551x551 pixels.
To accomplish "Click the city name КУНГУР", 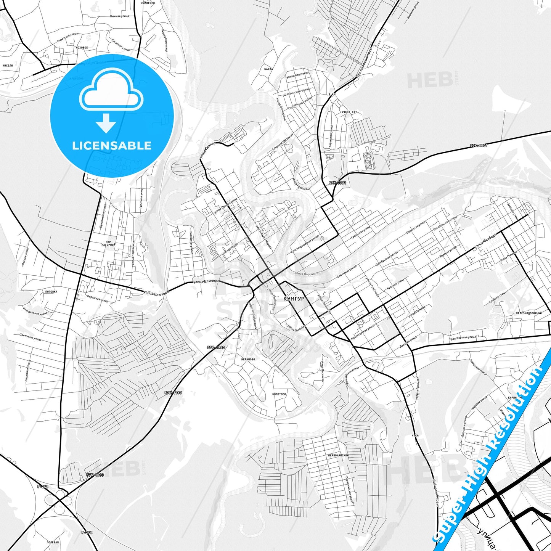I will point(294,299).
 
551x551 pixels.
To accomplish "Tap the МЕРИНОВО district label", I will point(248,359).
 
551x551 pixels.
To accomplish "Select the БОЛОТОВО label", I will point(279,394).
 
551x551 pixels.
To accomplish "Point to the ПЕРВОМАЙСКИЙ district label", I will point(338,455).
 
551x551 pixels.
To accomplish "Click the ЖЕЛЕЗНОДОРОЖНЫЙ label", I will point(529,313).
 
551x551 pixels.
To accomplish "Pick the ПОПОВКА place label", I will point(51,292).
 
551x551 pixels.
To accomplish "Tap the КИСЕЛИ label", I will point(8,66).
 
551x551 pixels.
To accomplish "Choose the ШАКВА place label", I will point(268,69).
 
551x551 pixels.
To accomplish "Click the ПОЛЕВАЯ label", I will point(53,542).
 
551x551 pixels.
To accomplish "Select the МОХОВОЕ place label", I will point(82,48).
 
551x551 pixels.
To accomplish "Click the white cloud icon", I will point(111,89).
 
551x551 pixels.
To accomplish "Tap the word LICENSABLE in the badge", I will point(112,146).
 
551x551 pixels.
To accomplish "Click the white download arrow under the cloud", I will point(106,123).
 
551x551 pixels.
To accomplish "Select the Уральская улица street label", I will point(360,233).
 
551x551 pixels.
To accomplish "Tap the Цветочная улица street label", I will point(31,337).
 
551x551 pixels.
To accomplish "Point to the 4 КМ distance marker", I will point(415,435).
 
